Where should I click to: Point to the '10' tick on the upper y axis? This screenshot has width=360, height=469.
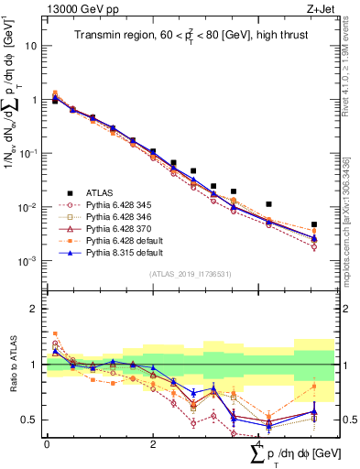point(32,45)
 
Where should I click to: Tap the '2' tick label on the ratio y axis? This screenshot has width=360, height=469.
point(35,309)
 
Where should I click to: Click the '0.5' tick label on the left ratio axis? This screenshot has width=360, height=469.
point(30,420)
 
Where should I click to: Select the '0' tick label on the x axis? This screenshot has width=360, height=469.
point(47,443)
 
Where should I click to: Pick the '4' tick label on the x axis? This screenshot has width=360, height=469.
point(259,443)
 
